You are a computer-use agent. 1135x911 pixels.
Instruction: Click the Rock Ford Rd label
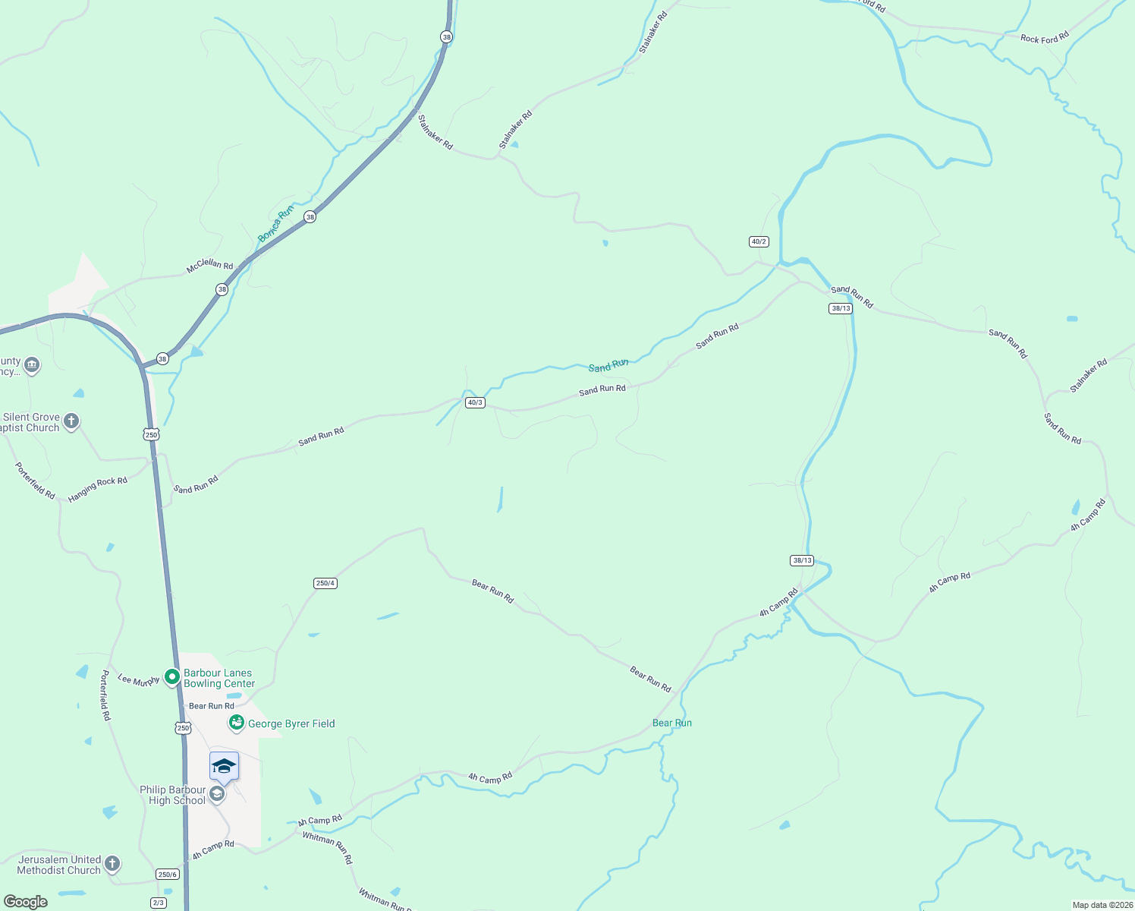click(1044, 37)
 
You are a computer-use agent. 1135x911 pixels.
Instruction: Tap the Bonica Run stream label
click(275, 224)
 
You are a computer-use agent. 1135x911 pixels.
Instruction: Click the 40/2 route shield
click(759, 241)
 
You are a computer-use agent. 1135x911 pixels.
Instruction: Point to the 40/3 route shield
click(475, 402)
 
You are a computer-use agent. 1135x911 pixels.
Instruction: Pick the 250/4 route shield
click(325, 583)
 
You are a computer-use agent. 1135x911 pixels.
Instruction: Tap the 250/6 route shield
click(168, 875)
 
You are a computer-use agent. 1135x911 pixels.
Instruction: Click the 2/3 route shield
click(158, 902)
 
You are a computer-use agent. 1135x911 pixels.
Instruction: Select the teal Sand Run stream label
click(608, 366)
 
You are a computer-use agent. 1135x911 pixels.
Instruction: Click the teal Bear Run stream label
click(672, 723)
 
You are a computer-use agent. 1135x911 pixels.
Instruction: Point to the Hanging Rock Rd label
click(97, 489)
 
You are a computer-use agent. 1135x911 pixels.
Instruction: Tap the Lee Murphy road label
click(138, 681)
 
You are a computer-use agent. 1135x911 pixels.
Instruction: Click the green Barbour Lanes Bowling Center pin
click(172, 676)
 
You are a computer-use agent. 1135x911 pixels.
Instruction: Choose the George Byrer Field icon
click(237, 723)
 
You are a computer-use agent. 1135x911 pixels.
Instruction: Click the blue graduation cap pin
click(224, 766)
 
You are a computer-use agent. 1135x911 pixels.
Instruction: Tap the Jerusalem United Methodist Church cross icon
click(112, 863)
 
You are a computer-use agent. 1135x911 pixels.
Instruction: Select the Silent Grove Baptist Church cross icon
click(71, 421)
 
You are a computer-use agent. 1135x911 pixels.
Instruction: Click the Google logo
click(25, 902)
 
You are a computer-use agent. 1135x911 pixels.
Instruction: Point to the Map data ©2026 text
click(1101, 905)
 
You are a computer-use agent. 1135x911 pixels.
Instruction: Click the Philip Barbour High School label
click(173, 795)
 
